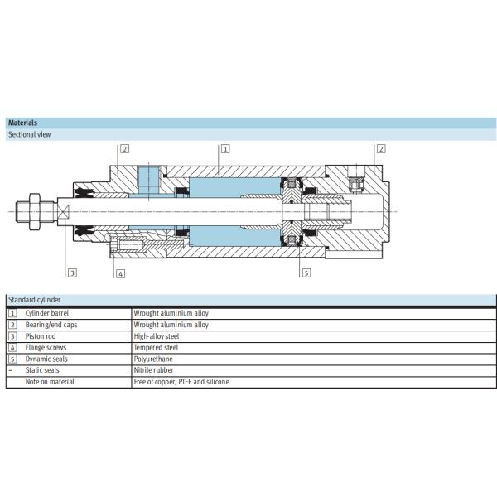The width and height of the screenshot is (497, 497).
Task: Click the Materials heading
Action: point(22,123)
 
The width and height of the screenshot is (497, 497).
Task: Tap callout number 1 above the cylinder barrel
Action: point(225,149)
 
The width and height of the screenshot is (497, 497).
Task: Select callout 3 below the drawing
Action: point(72,273)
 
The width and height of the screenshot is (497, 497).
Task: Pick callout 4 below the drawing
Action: point(120,273)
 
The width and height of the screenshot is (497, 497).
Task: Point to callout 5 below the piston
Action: point(306,273)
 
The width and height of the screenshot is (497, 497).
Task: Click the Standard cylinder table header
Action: point(34,300)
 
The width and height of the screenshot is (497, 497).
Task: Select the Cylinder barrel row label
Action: point(46,313)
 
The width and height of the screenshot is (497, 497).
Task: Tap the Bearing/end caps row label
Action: point(51,325)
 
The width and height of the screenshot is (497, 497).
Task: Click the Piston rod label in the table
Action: point(41,336)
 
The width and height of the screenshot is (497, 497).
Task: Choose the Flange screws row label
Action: point(45,348)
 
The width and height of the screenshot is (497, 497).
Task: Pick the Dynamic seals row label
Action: point(46,359)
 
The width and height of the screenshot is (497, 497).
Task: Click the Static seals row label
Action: point(42,370)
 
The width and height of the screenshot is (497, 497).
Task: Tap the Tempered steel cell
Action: point(156,348)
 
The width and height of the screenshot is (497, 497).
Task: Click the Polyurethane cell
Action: point(153,359)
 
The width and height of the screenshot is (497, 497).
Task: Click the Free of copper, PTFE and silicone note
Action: point(181,382)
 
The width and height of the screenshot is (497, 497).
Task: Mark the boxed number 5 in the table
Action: point(12,359)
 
